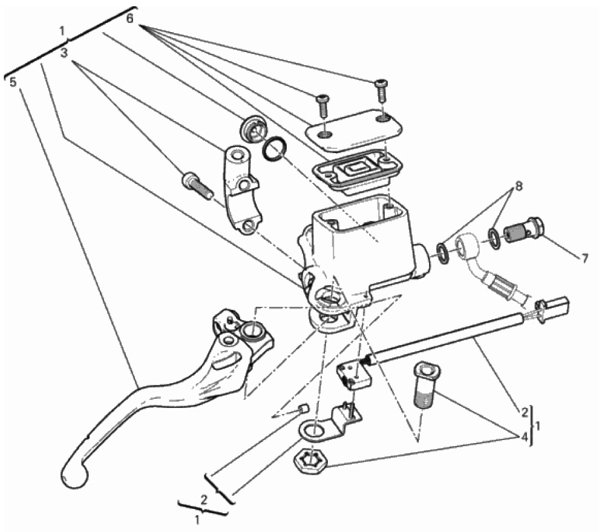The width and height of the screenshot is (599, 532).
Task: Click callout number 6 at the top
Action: coord(130,18)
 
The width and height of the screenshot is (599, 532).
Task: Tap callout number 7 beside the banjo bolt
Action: coord(585,259)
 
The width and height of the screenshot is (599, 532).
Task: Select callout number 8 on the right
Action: coord(519,186)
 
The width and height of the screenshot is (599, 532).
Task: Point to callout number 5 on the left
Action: coord(13,82)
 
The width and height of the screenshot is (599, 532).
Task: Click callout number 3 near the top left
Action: coord(64,53)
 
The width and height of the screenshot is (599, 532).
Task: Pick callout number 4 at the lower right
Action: coord(525,436)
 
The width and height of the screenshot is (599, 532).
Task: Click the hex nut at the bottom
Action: coord(310,461)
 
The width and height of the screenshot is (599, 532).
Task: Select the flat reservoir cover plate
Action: coord(353,129)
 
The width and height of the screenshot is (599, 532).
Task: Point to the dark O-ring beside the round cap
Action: coord(274,148)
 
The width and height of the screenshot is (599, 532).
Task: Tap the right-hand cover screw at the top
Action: coord(381,91)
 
